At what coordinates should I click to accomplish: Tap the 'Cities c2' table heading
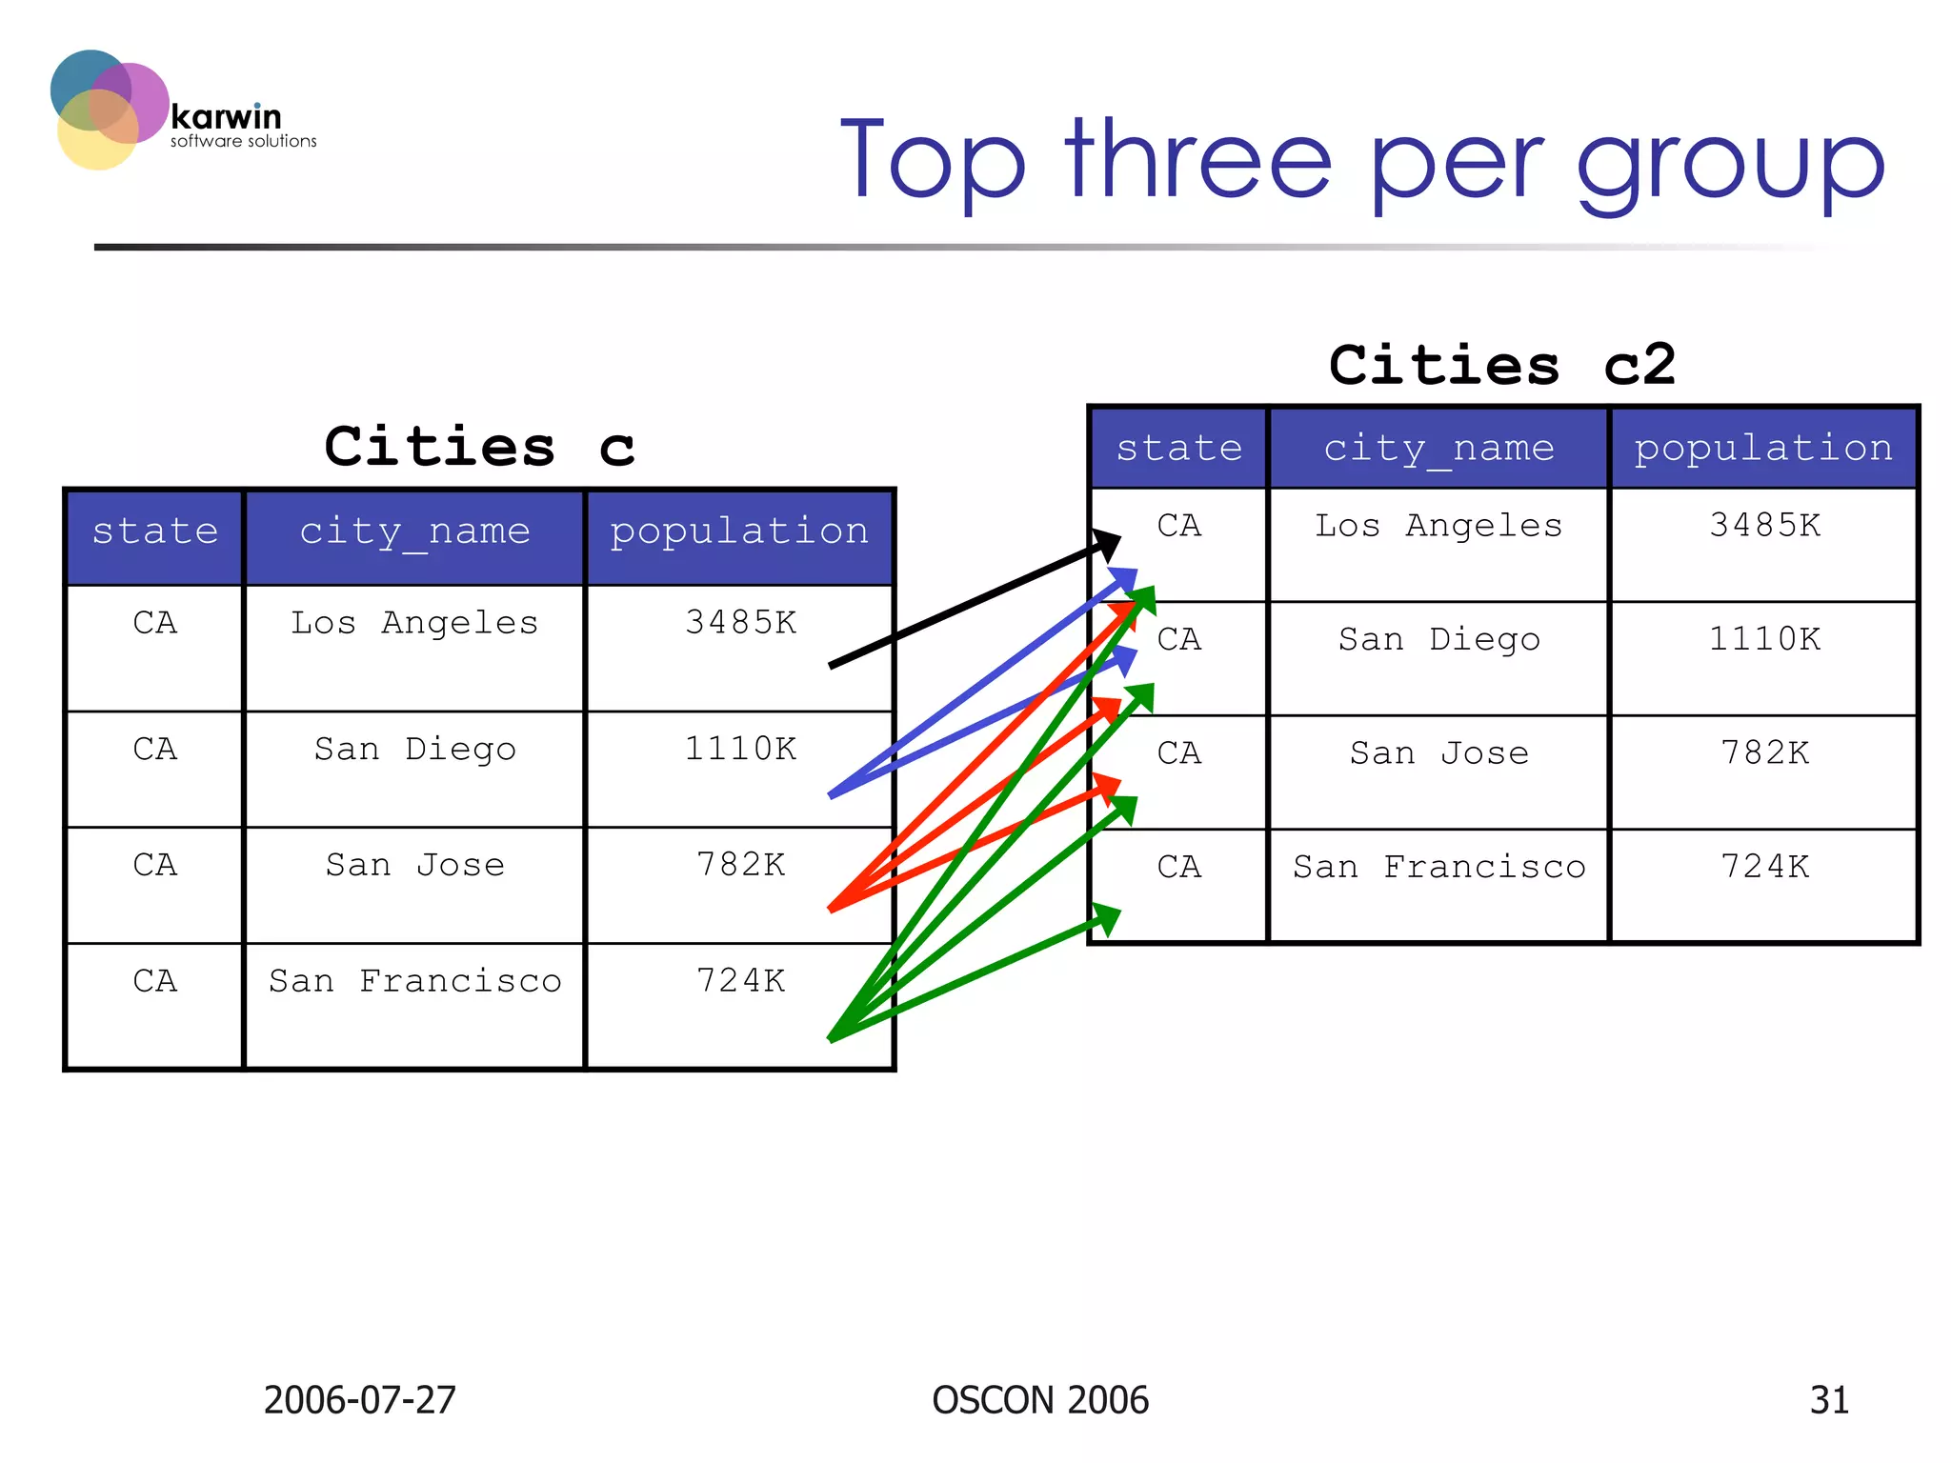coord(1501,365)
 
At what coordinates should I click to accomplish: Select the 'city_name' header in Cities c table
coord(414,531)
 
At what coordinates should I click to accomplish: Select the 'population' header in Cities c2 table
coord(1763,448)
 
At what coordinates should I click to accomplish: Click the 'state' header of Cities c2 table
coord(1178,448)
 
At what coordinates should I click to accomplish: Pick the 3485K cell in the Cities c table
coord(740,623)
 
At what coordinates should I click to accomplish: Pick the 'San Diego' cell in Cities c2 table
coord(1438,639)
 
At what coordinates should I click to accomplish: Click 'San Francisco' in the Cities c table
coord(414,981)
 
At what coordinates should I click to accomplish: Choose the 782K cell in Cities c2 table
coord(1763,753)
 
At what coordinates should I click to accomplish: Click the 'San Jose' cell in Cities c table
coord(414,865)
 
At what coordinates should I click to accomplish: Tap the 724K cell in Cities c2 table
coord(1763,867)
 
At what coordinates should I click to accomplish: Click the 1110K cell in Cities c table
coord(740,750)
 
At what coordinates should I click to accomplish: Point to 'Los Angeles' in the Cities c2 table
coord(1438,526)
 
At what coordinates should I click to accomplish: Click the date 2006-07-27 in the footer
coord(359,1400)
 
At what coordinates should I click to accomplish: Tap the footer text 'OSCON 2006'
coord(1040,1400)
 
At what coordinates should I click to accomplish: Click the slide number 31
coord(1828,1400)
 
